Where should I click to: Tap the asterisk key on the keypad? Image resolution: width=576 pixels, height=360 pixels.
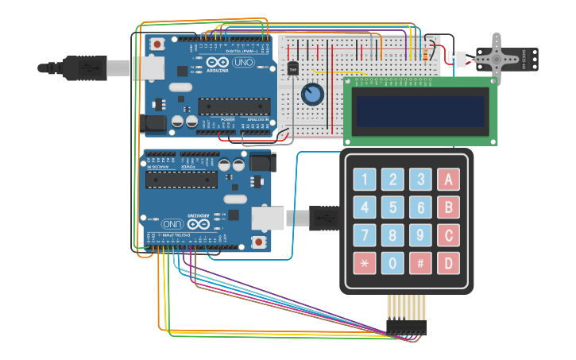pyautogui.click(x=365, y=262)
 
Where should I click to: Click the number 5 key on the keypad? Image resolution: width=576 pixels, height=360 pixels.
pyautogui.click(x=392, y=207)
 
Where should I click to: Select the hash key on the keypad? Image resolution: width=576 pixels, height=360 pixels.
pyautogui.click(x=420, y=262)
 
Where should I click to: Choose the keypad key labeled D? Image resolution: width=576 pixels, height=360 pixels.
pyautogui.click(x=448, y=262)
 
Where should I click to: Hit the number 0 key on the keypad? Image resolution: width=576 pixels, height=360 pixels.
pyautogui.click(x=392, y=262)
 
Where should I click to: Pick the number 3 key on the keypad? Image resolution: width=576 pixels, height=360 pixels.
pyautogui.click(x=420, y=180)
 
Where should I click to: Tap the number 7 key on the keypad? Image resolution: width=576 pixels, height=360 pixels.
pyautogui.click(x=365, y=235)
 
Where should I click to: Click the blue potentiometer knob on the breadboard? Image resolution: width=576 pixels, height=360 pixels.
pyautogui.click(x=312, y=95)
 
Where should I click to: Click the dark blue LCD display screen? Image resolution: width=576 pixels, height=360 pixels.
pyautogui.click(x=420, y=111)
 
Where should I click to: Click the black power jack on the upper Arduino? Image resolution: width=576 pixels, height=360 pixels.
pyautogui.click(x=153, y=122)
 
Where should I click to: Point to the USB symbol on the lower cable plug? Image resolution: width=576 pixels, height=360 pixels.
pyautogui.click(x=324, y=217)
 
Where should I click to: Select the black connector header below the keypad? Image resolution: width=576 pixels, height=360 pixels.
pyautogui.click(x=406, y=327)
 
